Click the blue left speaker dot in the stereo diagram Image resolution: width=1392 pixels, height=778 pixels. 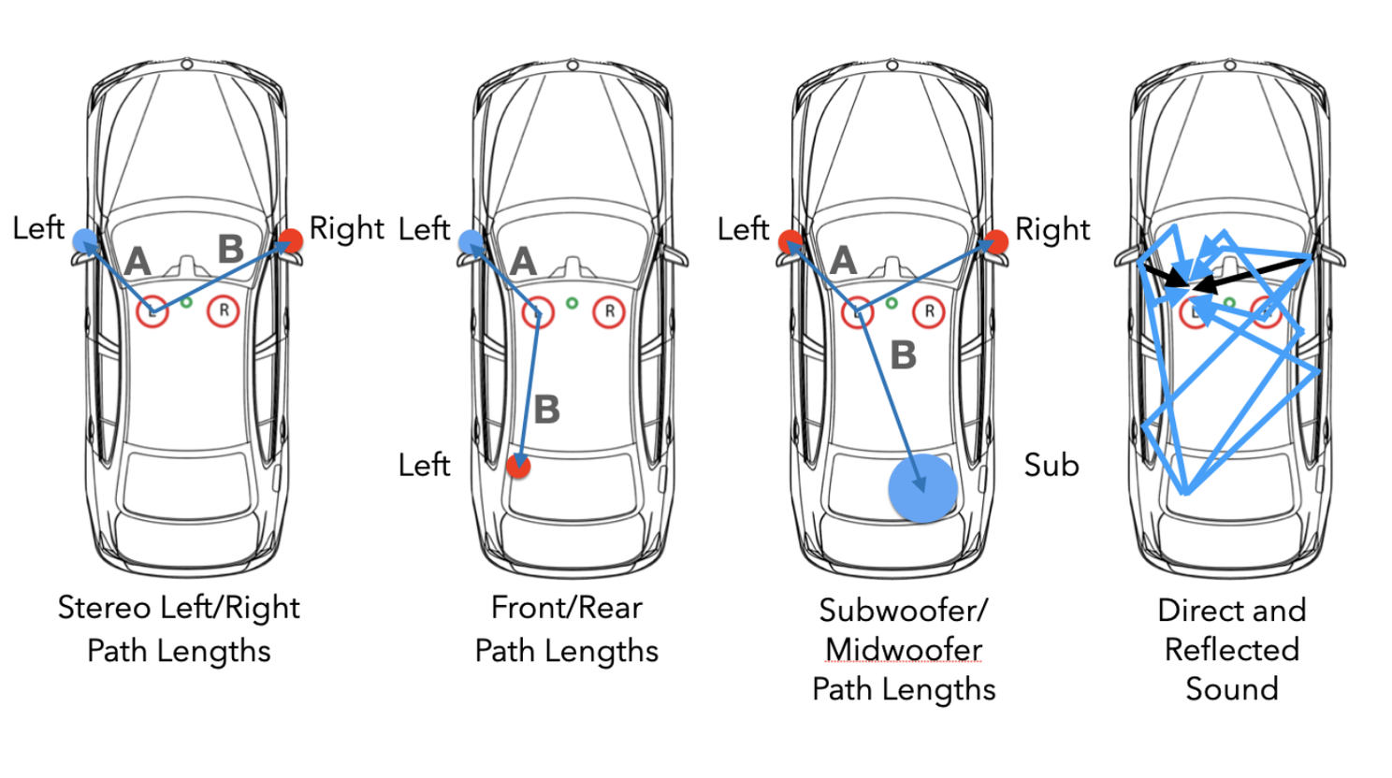tap(84, 240)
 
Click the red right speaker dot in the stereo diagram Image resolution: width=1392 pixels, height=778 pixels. tap(291, 240)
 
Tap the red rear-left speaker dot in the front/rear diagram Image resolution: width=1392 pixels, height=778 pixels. tap(518, 466)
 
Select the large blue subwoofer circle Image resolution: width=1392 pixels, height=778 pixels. tap(922, 488)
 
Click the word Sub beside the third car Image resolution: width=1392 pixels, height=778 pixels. tap(1051, 465)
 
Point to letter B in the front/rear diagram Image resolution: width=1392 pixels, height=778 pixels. tap(546, 410)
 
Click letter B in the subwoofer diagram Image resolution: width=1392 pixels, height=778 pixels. tap(903, 355)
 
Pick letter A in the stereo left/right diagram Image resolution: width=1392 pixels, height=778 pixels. tap(138, 262)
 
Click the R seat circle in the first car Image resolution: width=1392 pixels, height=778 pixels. tap(224, 310)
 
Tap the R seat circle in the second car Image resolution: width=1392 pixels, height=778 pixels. tap(609, 311)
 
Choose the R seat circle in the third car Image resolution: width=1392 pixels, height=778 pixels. tap(929, 311)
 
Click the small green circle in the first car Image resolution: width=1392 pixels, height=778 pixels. tap(186, 302)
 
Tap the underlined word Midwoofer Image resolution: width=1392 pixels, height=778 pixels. tap(904, 649)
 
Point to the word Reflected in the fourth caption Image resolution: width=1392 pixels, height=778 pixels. tap(1231, 649)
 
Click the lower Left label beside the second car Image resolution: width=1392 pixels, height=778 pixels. tap(424, 465)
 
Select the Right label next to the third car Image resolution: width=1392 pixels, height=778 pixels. tap(1052, 229)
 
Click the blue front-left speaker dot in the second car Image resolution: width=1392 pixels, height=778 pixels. tap(471, 241)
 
